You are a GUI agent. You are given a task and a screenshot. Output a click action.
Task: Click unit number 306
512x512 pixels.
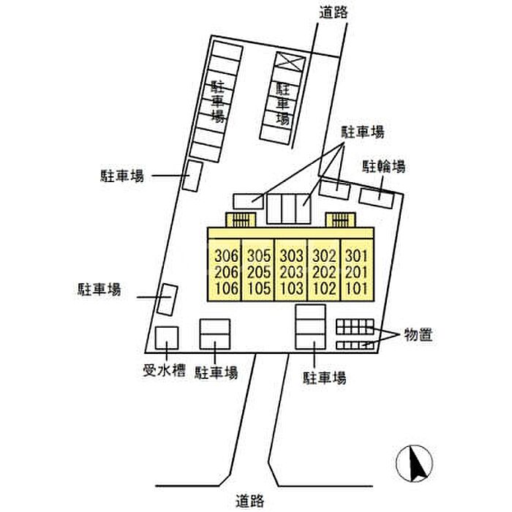point(227,257)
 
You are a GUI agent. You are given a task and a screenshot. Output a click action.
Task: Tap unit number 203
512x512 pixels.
point(291,273)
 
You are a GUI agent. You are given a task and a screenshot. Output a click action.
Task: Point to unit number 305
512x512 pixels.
point(259,257)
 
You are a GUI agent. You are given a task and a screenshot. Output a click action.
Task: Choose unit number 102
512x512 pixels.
point(323,289)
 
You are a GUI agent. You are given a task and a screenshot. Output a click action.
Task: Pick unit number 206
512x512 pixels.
point(227,273)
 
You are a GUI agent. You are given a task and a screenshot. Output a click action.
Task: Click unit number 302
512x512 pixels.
point(323,257)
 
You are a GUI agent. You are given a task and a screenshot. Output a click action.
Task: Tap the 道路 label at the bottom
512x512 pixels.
point(251,501)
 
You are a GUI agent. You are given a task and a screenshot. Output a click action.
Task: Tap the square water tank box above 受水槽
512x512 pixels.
point(167,339)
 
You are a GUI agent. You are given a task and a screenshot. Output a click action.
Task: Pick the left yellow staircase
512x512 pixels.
point(241,219)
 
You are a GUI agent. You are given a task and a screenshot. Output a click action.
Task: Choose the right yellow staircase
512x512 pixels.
point(340,219)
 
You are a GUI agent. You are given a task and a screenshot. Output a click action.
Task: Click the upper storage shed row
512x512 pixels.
point(354,326)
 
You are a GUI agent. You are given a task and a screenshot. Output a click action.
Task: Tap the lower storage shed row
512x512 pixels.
point(354,345)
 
